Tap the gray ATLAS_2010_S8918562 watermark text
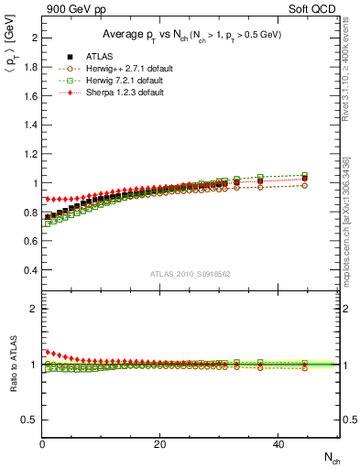pyautogui.click(x=191, y=275)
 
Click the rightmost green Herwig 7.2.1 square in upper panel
pyautogui.click(x=305, y=175)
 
